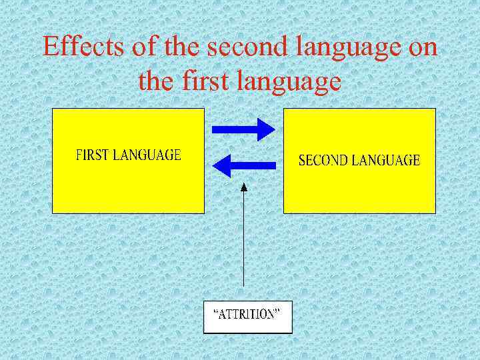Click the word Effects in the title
[x=75, y=47]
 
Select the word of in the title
[x=127, y=47]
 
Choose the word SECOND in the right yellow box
[x=321, y=160]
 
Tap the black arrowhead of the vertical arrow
[x=244, y=188]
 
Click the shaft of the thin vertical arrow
[x=244, y=247]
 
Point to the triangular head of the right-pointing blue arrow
[x=267, y=129]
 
